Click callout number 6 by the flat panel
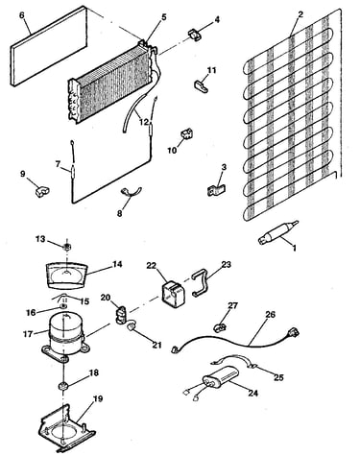click(x=22, y=16)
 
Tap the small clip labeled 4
click(x=195, y=35)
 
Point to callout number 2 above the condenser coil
click(x=300, y=14)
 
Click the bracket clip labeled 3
click(x=216, y=190)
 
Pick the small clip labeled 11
click(x=201, y=85)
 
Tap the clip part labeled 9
click(x=42, y=192)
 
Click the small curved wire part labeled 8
click(x=131, y=192)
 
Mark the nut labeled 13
click(x=67, y=247)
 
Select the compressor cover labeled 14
click(x=67, y=275)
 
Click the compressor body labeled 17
click(x=65, y=334)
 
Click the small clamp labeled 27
click(x=220, y=326)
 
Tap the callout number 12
click(x=144, y=122)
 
